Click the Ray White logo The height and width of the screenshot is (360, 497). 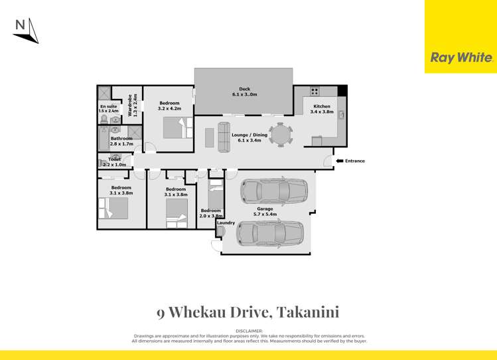point(461,58)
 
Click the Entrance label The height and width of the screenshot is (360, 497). point(354,161)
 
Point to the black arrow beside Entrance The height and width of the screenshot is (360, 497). point(338,161)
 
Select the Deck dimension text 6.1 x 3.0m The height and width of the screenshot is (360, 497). point(244,95)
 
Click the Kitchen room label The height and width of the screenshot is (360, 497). point(322,106)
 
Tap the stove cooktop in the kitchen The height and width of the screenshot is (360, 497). point(315,92)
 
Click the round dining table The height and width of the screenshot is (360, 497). point(280,135)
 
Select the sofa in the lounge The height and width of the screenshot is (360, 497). point(224,135)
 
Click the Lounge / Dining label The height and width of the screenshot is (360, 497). point(249,135)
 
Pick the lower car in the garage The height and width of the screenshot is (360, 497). point(269,233)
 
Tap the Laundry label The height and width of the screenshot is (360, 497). point(226,223)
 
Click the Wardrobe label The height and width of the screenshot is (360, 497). point(130,106)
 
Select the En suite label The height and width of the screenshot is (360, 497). point(107,106)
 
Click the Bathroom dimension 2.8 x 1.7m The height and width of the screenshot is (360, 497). point(122,143)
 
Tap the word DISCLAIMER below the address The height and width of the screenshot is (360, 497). point(249,330)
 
